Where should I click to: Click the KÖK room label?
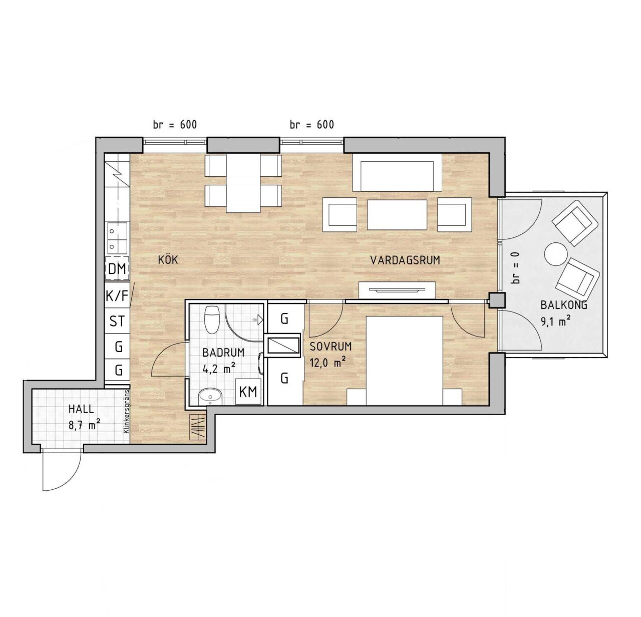pos(168,260)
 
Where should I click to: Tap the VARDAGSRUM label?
pos(405,260)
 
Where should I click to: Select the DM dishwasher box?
pos(117,268)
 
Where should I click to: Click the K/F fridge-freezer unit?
pos(117,296)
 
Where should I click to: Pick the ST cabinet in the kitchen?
pos(117,321)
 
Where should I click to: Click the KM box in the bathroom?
pos(248,392)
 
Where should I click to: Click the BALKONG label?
pos(563,304)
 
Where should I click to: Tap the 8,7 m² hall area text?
pos(84,425)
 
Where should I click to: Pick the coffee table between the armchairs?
pos(397,214)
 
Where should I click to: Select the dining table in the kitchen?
pos(243,183)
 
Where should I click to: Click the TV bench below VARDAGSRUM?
pos(398,290)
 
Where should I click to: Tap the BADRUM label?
pos(224,353)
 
